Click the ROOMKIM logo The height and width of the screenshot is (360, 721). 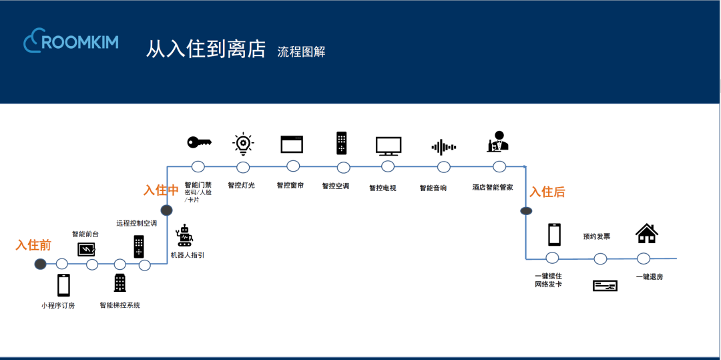click(x=71, y=42)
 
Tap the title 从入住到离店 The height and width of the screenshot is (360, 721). click(x=206, y=49)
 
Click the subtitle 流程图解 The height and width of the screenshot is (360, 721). click(x=301, y=51)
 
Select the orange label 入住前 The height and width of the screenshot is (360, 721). click(x=33, y=245)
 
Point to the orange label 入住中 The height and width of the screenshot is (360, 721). click(x=161, y=190)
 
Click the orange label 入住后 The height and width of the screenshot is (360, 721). click(x=547, y=192)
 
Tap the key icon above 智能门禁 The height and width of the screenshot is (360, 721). click(x=199, y=142)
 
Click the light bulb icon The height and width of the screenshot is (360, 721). click(x=242, y=144)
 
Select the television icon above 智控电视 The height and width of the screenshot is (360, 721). click(x=388, y=145)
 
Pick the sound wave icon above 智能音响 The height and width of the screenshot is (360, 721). click(x=443, y=147)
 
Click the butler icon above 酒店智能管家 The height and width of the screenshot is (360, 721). click(x=497, y=142)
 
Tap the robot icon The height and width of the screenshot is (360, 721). click(x=184, y=235)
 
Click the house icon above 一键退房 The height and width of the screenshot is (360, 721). click(x=646, y=233)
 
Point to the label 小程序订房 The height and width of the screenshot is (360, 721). click(x=58, y=306)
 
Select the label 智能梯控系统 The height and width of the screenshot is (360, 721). click(x=120, y=305)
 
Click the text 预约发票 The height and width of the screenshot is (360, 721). click(x=596, y=236)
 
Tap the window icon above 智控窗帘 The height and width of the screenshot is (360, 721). click(x=292, y=144)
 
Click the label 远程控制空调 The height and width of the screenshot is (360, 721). click(x=136, y=223)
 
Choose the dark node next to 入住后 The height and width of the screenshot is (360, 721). click(x=526, y=211)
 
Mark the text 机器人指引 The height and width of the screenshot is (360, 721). click(x=188, y=255)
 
